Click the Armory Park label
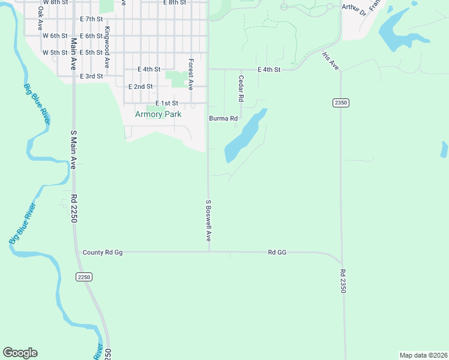158,114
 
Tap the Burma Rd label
223,119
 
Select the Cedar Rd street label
241,88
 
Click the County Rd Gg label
103,253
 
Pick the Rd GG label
277,253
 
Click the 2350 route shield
340,103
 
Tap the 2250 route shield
84,277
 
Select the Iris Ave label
331,61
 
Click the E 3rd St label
91,76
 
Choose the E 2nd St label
140,86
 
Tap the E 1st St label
167,103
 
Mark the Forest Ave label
190,74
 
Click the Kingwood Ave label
107,46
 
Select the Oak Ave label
40,19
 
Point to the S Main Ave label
73,150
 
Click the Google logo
20,353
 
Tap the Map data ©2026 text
423,355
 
